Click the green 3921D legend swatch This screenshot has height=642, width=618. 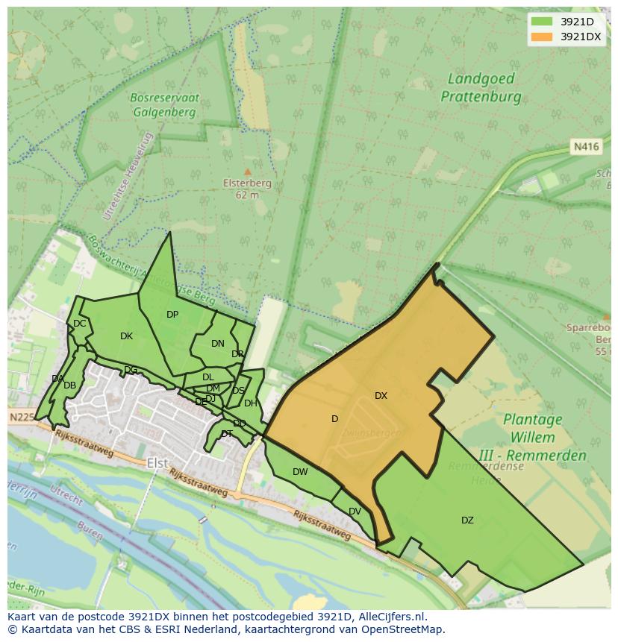[541, 22]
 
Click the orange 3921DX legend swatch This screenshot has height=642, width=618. [541, 37]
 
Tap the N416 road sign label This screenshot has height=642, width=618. [587, 147]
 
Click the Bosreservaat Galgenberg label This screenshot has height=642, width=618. [163, 105]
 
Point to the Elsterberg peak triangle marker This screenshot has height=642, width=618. [248, 171]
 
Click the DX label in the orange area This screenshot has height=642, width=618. [381, 396]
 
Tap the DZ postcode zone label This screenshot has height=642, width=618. [467, 520]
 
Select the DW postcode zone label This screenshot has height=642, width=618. [300, 472]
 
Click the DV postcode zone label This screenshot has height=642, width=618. [355, 511]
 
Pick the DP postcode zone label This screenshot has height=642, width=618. [172, 315]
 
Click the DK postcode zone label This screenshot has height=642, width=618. [126, 336]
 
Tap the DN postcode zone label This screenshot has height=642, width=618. [217, 344]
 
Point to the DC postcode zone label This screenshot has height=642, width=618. [79, 324]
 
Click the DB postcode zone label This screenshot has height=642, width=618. [69, 385]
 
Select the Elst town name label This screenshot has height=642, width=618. [157, 463]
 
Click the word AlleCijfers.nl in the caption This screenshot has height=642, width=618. [389, 617]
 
